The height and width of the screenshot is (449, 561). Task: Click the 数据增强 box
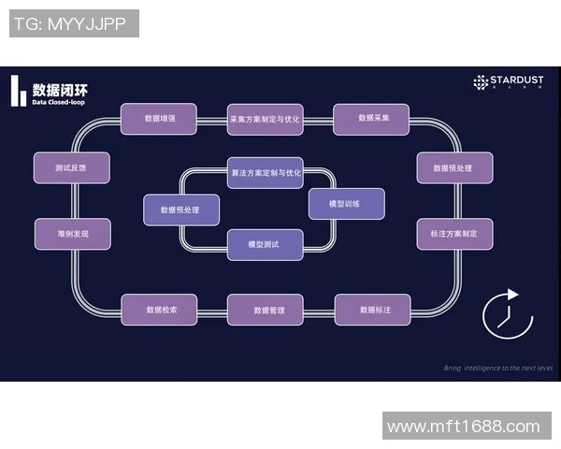click(159, 119)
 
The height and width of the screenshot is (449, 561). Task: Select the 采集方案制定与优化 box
click(266, 119)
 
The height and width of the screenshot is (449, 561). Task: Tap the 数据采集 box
click(371, 119)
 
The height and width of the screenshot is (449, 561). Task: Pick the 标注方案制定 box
click(453, 234)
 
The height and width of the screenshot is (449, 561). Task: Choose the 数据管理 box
click(266, 310)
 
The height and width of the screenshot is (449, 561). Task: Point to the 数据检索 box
click(159, 310)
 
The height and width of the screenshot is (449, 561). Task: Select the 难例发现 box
click(72, 234)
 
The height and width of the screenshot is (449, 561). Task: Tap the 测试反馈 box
click(72, 167)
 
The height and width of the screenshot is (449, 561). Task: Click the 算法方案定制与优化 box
click(266, 173)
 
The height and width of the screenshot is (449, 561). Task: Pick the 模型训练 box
click(346, 203)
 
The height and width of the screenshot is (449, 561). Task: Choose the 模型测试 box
click(266, 244)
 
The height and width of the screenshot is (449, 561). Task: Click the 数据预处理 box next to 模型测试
click(181, 210)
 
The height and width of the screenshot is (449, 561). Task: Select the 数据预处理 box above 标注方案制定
click(453, 167)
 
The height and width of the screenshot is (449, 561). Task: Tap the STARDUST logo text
click(511, 81)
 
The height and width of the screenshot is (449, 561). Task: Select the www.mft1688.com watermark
click(464, 427)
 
